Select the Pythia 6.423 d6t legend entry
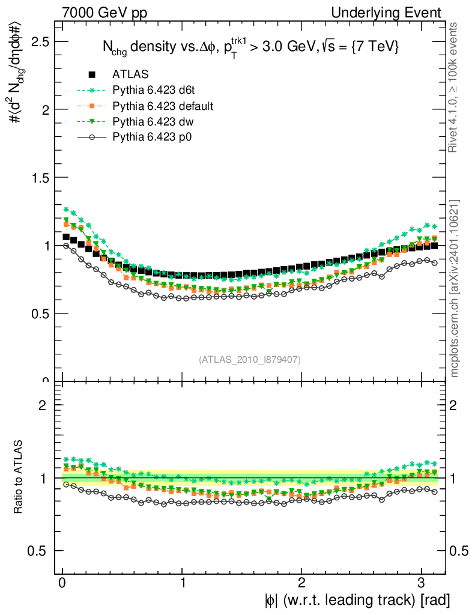pyautogui.click(x=156, y=90)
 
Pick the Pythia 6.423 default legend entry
pyautogui.click(x=163, y=106)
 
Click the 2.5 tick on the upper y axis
pyautogui.click(x=40, y=41)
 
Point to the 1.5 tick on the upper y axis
pyautogui.click(x=40, y=178)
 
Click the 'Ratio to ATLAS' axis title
pyautogui.click(x=18, y=477)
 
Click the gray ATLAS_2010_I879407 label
pyautogui.click(x=250, y=359)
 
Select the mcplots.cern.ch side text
pyautogui.click(x=455, y=288)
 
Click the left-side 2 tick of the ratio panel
pyautogui.click(x=43, y=405)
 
